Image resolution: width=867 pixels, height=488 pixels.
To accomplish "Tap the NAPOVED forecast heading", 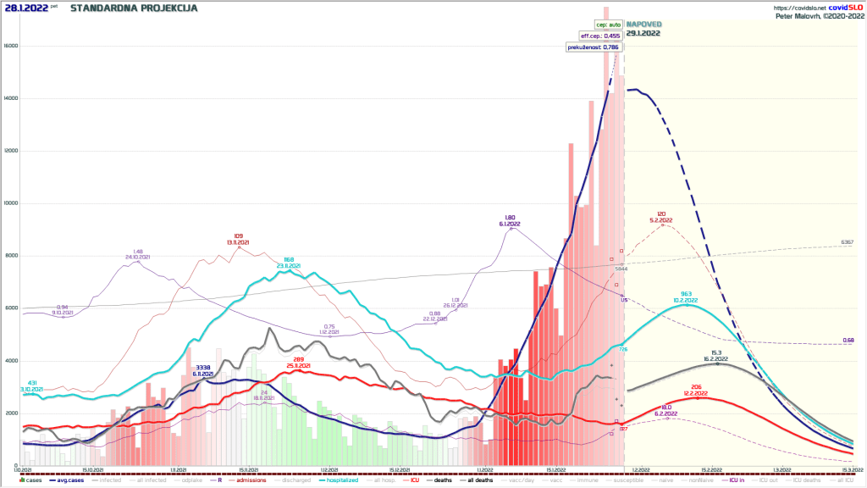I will (643, 25).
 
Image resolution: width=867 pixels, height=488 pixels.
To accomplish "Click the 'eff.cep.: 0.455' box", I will (600, 36).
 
